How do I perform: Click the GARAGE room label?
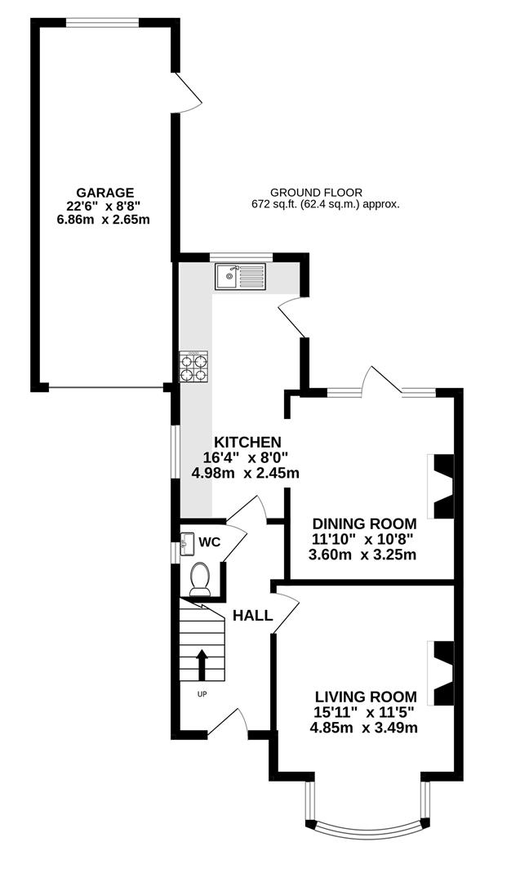101,192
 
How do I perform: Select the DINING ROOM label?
365,523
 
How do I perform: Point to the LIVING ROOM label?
366,697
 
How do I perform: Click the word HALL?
252,616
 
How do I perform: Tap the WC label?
210,541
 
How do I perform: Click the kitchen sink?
240,276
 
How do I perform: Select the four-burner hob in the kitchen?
193,367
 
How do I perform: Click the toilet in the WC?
200,578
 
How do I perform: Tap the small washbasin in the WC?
187,541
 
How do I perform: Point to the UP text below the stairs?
202,694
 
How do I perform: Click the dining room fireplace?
441,486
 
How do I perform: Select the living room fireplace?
441,672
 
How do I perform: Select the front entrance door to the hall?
227,724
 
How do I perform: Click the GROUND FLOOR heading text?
317,192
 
